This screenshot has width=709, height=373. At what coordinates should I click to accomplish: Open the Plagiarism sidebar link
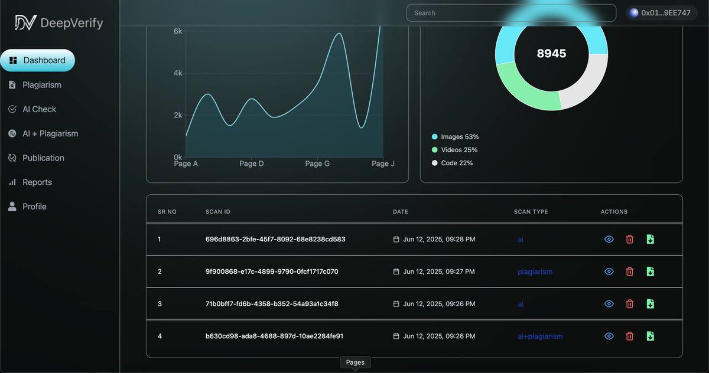click(41, 85)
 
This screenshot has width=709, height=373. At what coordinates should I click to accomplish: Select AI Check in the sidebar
click(39, 109)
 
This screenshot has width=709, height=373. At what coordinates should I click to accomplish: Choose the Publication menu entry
click(43, 158)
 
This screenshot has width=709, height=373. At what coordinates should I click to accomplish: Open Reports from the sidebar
click(37, 182)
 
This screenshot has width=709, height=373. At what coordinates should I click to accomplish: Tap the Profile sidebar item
click(34, 207)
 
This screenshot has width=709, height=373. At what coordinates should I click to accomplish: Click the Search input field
click(510, 13)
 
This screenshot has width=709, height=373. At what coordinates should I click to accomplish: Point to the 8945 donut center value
click(551, 54)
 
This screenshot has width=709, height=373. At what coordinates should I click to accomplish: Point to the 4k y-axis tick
click(177, 73)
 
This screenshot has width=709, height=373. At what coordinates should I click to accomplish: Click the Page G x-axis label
click(317, 163)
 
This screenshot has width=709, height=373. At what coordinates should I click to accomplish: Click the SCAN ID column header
click(217, 212)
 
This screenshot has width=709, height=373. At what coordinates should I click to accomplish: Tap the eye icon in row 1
click(609, 239)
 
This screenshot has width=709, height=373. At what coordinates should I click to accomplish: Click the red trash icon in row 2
click(630, 271)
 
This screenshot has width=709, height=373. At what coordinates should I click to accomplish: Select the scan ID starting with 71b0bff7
click(272, 304)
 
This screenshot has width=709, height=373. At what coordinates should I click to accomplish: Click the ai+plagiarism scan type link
click(540, 336)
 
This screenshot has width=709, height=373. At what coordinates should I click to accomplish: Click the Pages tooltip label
click(355, 362)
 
